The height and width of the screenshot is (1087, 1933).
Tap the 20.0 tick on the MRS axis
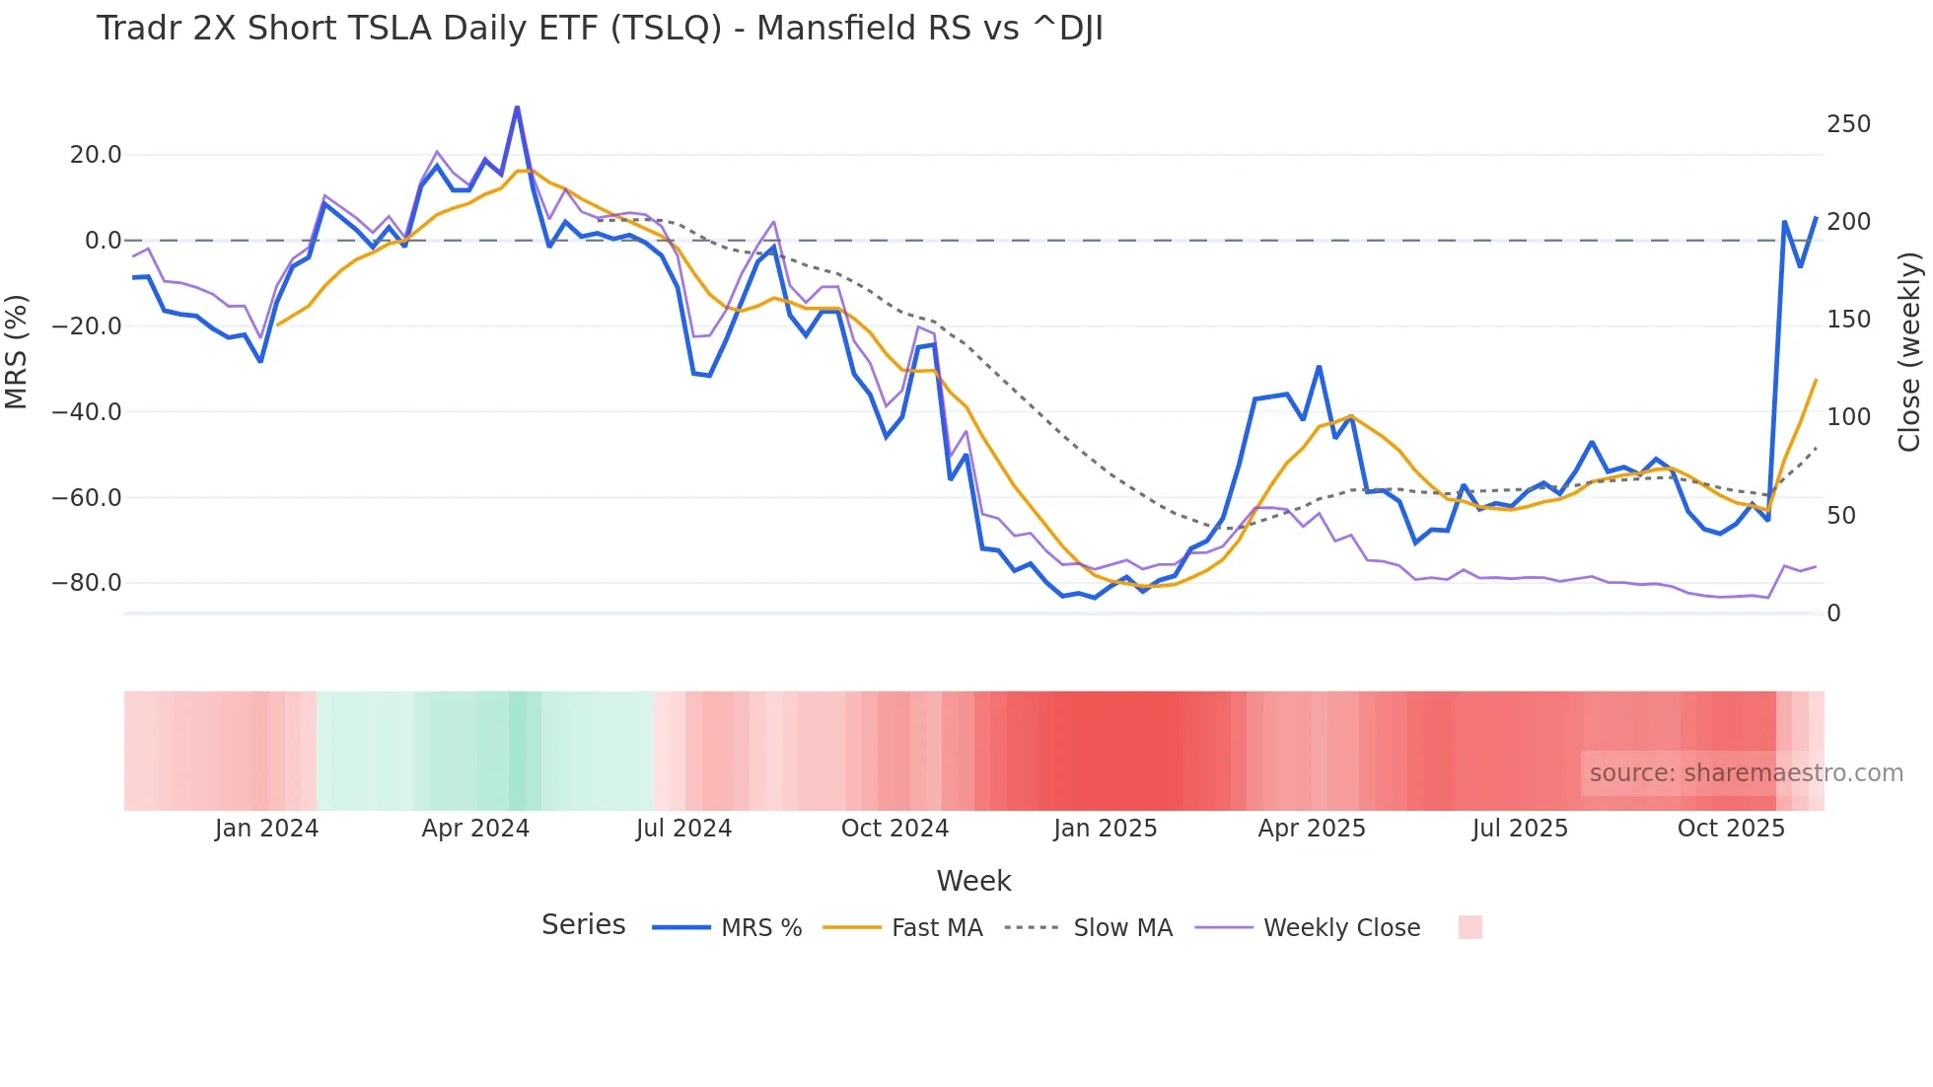click(96, 155)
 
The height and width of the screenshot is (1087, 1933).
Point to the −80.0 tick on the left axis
click(87, 583)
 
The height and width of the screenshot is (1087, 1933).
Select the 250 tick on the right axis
click(1848, 124)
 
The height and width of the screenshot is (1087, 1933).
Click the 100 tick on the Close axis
click(1848, 417)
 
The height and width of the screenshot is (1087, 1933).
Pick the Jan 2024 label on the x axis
click(266, 829)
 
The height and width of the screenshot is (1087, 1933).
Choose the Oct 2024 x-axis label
click(895, 829)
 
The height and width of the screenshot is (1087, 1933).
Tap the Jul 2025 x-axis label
click(1520, 829)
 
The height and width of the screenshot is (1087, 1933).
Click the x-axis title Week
click(973, 881)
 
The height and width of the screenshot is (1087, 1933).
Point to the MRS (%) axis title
click(16, 352)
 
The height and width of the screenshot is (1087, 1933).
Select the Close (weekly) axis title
click(1910, 352)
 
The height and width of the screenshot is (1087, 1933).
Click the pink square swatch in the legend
click(1469, 927)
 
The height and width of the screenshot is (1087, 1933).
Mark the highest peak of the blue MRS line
click(517, 108)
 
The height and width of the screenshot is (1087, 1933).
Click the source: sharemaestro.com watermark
click(1746, 773)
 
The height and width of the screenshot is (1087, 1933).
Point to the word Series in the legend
click(583, 925)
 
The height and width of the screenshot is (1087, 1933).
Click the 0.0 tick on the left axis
click(103, 241)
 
